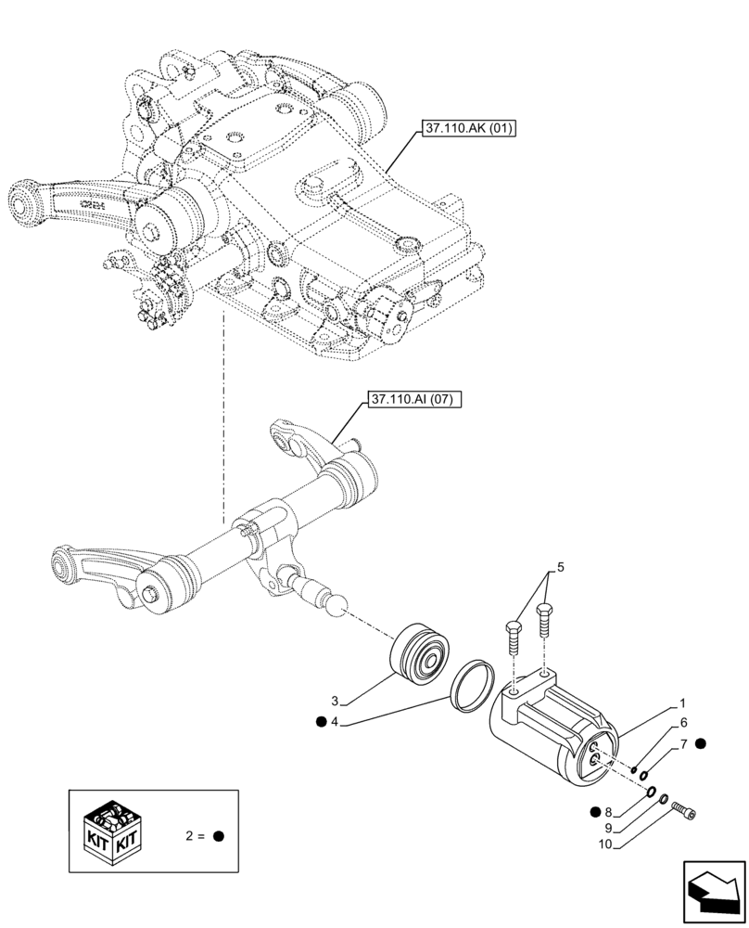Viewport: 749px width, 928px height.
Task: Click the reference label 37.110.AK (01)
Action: coord(469,128)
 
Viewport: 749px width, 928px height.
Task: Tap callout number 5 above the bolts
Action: coord(559,566)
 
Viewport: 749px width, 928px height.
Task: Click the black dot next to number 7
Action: coord(701,743)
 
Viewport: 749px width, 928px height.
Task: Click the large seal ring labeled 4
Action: coord(472,687)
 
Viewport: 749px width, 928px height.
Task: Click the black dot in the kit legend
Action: coord(220,835)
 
